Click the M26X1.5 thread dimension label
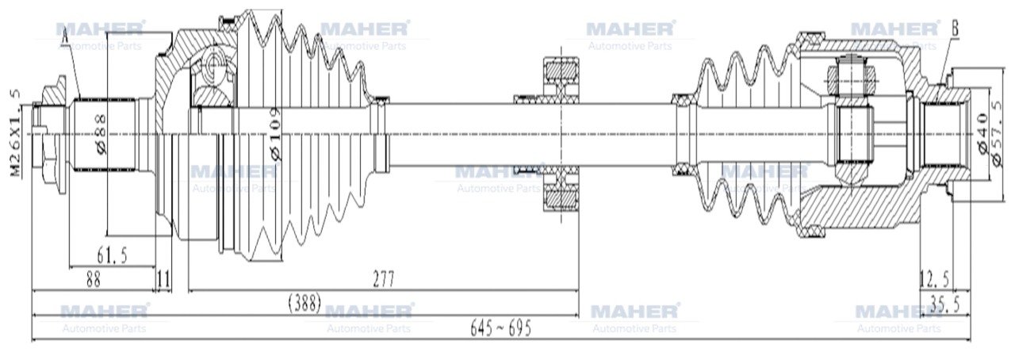15,133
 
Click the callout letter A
65,33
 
